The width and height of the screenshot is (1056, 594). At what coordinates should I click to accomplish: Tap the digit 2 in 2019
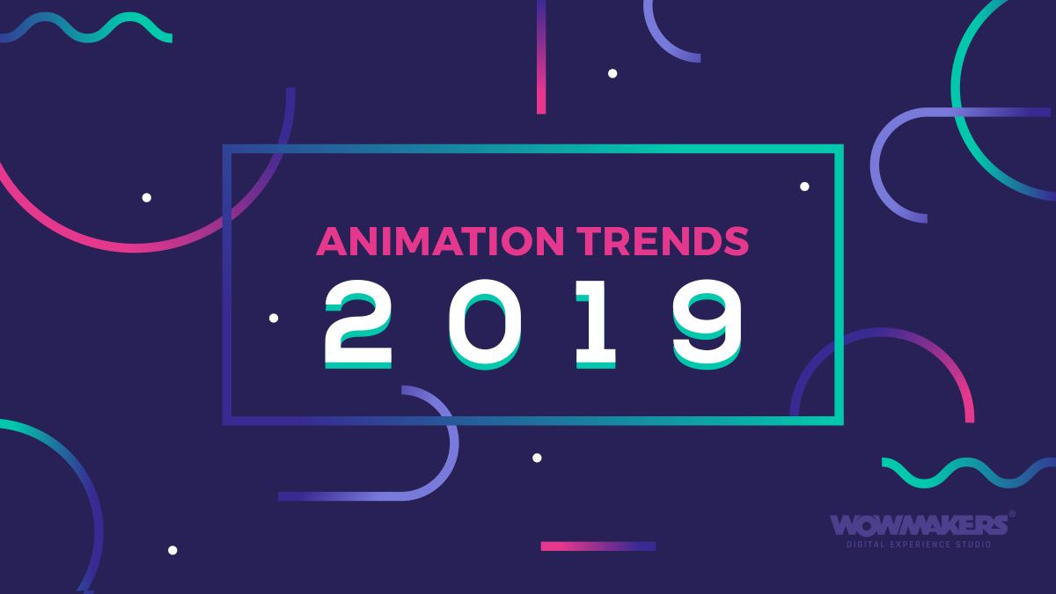click(x=358, y=323)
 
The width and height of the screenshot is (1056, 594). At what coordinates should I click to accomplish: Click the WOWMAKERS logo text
click(x=918, y=525)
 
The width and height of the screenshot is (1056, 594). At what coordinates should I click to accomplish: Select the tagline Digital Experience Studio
click(x=918, y=546)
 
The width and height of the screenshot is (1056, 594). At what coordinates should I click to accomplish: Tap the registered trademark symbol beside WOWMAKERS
click(x=1011, y=514)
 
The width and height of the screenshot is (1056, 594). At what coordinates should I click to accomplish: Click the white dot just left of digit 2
click(x=274, y=318)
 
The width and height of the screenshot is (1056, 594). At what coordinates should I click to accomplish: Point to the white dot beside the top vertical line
click(x=612, y=73)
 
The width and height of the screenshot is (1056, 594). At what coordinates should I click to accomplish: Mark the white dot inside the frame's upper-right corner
click(x=804, y=186)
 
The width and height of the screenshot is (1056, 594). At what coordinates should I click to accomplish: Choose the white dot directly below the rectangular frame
click(x=537, y=458)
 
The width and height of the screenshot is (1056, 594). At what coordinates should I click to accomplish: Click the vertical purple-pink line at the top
click(x=541, y=56)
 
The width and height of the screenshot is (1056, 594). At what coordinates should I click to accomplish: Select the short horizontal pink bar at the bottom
click(x=598, y=546)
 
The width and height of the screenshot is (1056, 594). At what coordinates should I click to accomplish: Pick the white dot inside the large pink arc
click(x=147, y=197)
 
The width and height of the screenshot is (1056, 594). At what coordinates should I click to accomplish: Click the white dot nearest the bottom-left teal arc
click(x=172, y=550)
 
